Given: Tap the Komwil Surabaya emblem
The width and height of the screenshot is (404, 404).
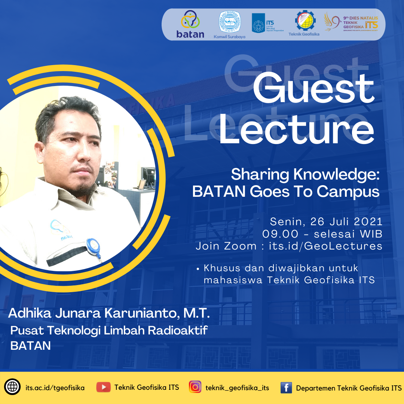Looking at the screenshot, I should point(229,23).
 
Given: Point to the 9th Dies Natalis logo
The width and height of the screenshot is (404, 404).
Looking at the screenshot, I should point(351,22).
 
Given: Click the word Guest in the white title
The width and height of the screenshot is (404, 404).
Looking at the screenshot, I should point(313,89).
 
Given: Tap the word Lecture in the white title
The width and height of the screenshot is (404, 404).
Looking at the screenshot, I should point(296,127).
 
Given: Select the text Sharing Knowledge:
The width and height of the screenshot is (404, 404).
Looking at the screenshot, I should point(305,174).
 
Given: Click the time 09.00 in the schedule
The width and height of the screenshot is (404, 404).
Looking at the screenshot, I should point(280,234).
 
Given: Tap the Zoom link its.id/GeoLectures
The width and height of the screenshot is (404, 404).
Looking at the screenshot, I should point(325,246).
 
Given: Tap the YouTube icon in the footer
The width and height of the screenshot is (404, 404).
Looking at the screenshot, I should point(103,387).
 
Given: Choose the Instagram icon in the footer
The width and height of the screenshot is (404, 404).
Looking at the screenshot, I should point(195,387).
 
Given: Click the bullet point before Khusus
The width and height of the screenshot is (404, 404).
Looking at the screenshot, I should point(198,268).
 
